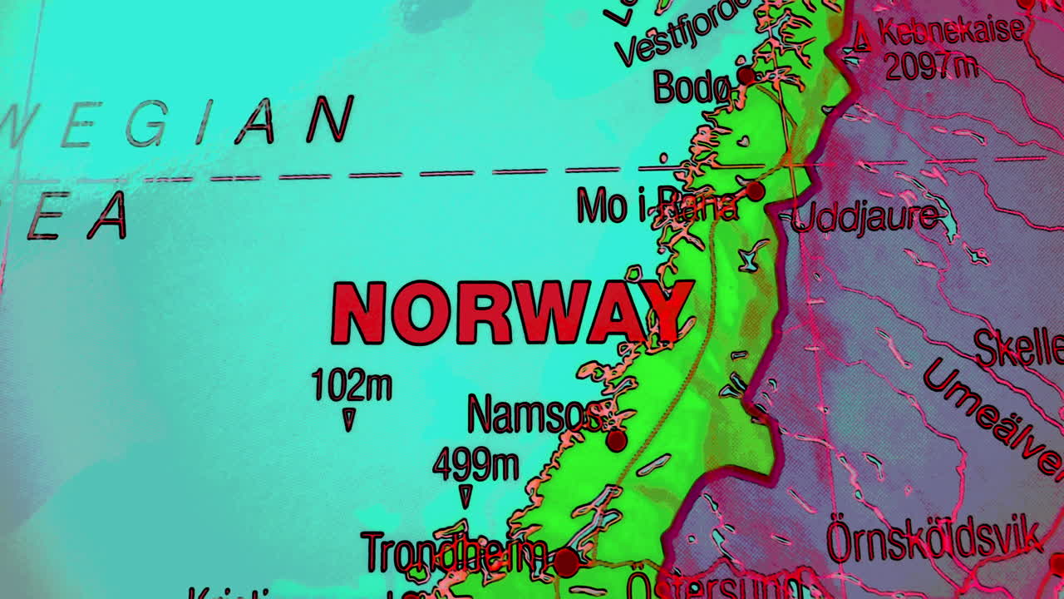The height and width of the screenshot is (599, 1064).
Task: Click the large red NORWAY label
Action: point(512,313)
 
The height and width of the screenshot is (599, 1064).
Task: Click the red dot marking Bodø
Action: point(746,76)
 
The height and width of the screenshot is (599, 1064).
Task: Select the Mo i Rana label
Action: point(657,206)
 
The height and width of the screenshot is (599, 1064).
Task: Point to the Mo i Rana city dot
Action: point(755,191)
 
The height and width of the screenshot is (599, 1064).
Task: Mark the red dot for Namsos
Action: point(616,440)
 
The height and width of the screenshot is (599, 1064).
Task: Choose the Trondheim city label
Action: point(454,552)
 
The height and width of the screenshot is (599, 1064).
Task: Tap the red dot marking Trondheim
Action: point(567,562)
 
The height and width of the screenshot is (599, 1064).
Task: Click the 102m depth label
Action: point(351,385)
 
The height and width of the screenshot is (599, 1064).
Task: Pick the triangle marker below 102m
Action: point(349,420)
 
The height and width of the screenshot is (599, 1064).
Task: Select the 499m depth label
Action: point(475,465)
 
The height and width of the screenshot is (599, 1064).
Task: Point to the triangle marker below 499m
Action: point(465,498)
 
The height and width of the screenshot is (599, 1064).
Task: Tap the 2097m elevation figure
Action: point(931,66)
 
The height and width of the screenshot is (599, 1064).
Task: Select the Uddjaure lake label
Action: point(864,218)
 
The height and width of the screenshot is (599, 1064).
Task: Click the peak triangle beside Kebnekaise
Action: point(862,37)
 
